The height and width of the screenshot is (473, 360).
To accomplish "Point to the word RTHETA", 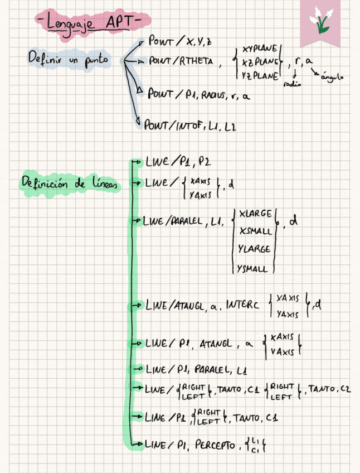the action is tap(197, 62).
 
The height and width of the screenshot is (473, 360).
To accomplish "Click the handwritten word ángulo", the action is tap(331, 78).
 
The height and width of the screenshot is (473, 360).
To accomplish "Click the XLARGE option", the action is tap(255, 214).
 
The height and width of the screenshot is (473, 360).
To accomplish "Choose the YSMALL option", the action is tap(253, 269).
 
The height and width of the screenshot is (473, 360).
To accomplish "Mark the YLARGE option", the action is tap(255, 249).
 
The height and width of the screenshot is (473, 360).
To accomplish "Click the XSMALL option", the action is tap(255, 231).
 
